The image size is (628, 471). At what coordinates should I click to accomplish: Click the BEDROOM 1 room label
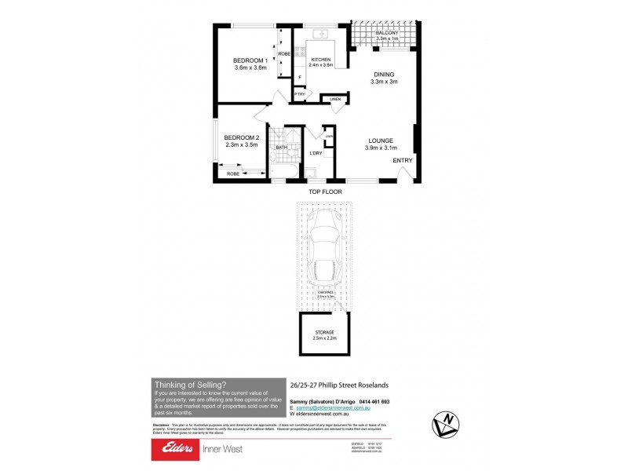(x=250, y=61)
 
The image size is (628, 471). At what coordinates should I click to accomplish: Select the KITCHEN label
(x=321, y=60)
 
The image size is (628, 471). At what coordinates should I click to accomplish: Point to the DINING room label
(x=384, y=75)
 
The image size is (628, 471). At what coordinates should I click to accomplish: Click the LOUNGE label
(x=381, y=141)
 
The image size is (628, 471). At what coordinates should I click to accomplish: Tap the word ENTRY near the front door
(x=402, y=161)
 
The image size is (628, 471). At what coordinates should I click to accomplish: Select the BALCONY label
(x=388, y=33)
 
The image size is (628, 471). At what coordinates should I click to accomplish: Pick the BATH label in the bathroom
(x=280, y=147)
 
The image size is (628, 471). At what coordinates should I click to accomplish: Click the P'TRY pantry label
(x=299, y=94)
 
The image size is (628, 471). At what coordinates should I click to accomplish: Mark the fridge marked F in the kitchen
(x=300, y=77)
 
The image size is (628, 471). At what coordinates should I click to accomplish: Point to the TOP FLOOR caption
(x=323, y=191)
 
